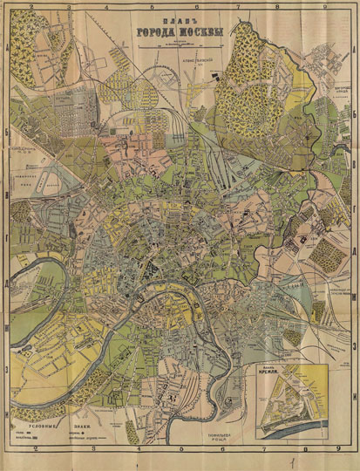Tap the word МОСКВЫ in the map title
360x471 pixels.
194,34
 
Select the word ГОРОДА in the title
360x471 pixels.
155,34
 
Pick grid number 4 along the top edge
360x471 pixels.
131,7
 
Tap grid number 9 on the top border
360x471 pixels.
324,7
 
